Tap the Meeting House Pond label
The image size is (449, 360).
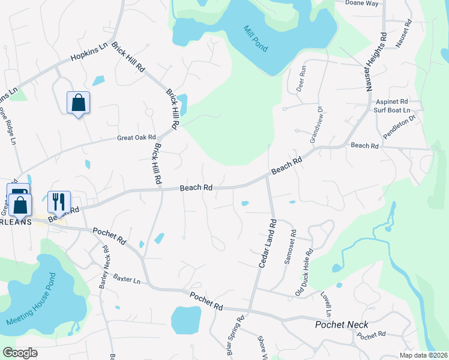tap(31, 300)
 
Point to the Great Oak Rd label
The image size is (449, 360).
tap(136, 138)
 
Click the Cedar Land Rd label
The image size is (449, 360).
tap(265, 243)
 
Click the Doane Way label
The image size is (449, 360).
tap(362, 3)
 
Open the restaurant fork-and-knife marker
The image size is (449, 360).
tap(59, 201)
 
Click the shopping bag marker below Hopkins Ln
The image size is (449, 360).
tap(78, 103)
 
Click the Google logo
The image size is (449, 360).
tap(20, 353)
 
